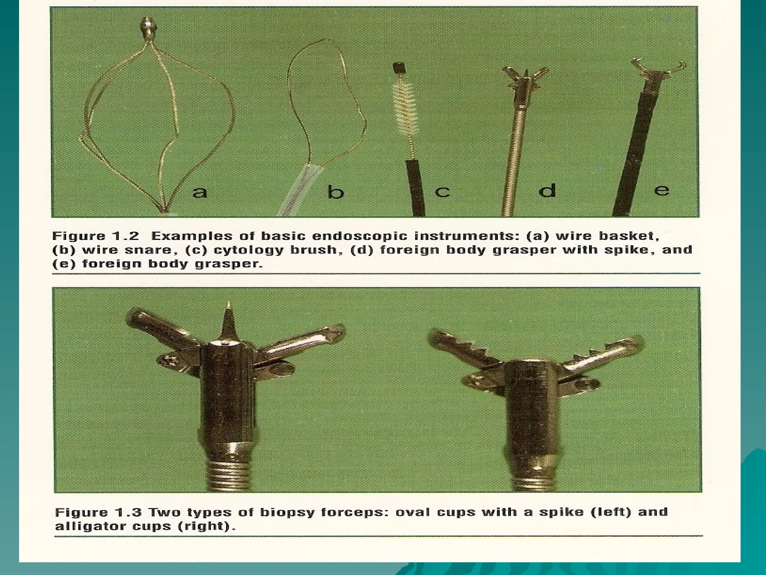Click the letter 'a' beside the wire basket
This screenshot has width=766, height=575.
200,192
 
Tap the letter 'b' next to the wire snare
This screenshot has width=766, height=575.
335,191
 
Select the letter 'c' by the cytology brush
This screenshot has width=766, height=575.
442,191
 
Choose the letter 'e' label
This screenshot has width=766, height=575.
661,190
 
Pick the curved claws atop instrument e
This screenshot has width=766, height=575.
659,69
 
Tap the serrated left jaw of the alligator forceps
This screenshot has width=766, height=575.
466,350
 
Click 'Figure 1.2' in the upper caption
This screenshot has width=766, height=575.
95,236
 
